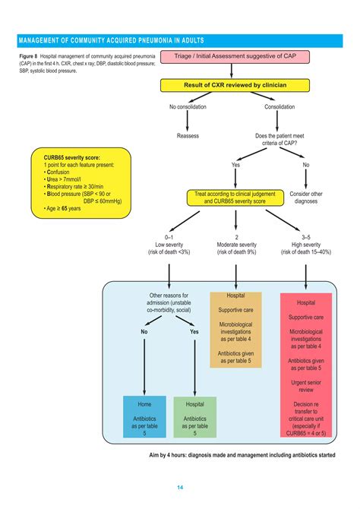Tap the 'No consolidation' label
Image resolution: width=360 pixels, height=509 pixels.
point(188,106)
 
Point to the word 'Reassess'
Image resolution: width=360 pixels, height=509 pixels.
point(188,136)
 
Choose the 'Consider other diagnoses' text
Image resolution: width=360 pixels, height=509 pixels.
point(306,198)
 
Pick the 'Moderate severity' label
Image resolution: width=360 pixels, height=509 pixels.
point(236,245)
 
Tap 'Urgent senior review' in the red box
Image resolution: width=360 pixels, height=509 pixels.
point(307,387)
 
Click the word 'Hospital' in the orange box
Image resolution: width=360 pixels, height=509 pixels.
point(236,296)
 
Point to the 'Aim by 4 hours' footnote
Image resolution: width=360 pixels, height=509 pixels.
point(242,455)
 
